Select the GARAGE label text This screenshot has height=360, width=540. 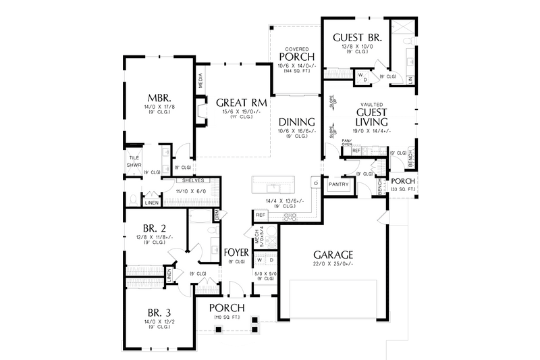(333, 255)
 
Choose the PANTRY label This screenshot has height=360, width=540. (337, 184)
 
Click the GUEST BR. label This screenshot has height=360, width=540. (358, 38)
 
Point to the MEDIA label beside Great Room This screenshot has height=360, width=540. (200, 81)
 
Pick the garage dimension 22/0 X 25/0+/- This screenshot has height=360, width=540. (333, 264)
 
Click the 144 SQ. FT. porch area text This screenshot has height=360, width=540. (296, 71)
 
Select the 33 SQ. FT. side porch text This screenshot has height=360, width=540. (402, 190)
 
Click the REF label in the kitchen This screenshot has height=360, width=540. (260, 215)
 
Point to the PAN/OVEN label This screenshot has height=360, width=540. (346, 142)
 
